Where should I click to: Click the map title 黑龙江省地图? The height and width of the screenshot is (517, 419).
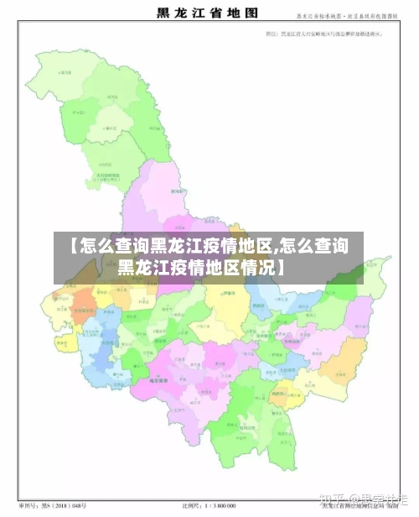pos(208,13)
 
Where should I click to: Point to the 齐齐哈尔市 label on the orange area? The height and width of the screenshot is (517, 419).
pos(85,310)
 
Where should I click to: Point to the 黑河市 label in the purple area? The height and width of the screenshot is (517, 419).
pos(178,191)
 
